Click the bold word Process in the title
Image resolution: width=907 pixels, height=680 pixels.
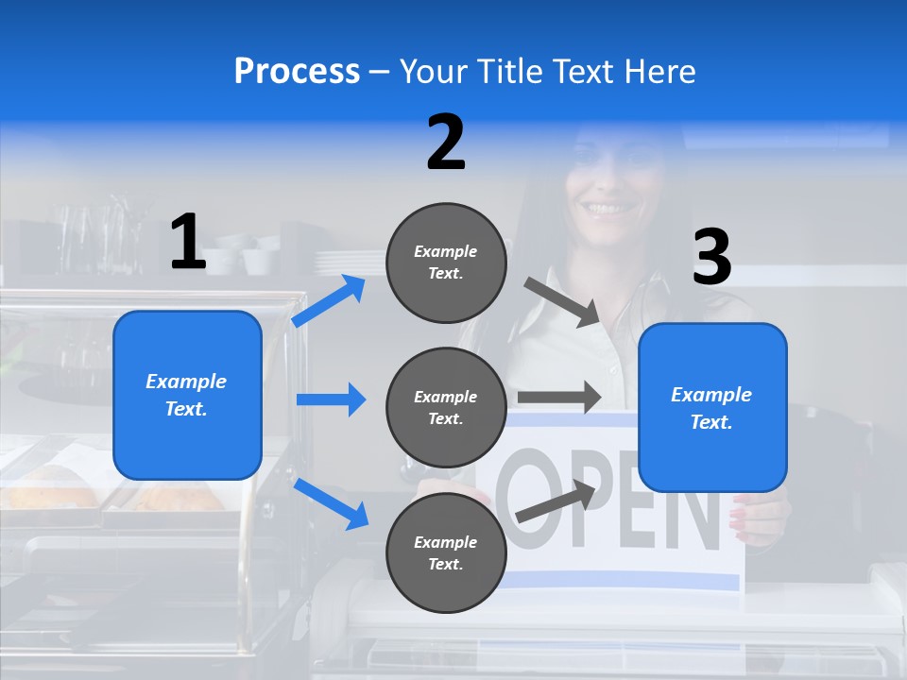coord(297,71)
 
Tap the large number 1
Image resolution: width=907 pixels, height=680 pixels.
coord(188,242)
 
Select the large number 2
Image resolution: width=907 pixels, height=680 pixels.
coord(446,142)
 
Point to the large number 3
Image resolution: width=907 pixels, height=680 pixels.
coord(712,258)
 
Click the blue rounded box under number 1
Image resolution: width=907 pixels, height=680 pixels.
coord(187,395)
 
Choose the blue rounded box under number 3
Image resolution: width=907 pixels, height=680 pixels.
coord(712,407)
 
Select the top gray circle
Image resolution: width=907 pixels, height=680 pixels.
coord(446,263)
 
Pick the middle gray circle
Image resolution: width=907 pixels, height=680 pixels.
coord(446,407)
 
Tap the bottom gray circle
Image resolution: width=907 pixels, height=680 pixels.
coord(446,552)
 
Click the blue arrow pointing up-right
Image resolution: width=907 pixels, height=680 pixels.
coord(329,301)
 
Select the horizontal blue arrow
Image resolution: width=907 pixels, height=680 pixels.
coord(331,399)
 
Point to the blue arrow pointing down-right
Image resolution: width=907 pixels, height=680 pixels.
coord(332,503)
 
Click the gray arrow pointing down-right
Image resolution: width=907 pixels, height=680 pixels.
coord(562,303)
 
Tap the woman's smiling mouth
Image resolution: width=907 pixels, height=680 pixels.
coord(607,206)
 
